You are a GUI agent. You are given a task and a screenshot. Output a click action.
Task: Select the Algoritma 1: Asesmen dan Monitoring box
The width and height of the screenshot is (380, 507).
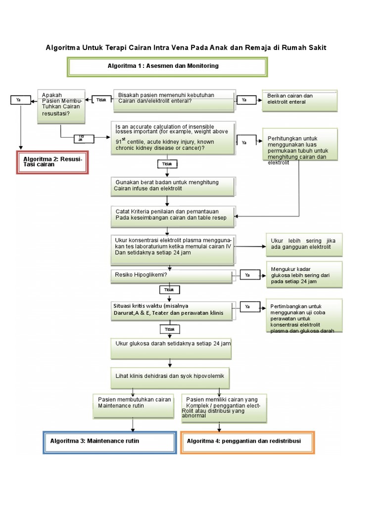(167, 67)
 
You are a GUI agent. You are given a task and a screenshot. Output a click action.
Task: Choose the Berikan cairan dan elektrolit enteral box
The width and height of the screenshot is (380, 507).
(300, 101)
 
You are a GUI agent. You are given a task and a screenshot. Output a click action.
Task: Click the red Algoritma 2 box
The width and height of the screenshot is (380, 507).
(52, 162)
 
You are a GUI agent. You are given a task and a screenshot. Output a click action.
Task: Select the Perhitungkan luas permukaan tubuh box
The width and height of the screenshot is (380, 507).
(300, 145)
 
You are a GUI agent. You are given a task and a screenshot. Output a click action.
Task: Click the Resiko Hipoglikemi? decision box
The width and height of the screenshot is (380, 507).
(171, 275)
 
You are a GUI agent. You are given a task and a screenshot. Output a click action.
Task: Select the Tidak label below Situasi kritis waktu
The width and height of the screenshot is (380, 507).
(169, 329)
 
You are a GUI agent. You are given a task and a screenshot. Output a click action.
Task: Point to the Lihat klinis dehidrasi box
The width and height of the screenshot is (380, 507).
(171, 377)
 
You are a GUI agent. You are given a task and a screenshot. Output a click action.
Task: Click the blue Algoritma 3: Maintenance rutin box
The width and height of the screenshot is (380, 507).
(109, 442)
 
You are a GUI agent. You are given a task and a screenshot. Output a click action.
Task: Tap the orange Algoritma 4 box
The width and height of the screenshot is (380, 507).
(247, 442)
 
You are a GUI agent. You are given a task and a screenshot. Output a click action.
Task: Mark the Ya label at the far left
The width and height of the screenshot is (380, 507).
(19, 100)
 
